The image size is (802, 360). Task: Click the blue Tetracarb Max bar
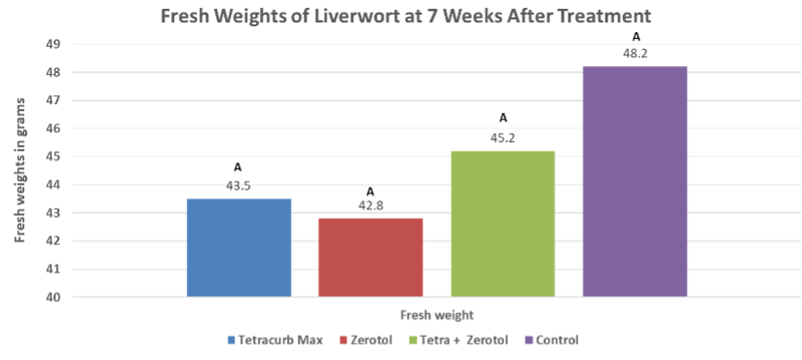[238, 247]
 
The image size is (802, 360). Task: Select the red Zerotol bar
[371, 257]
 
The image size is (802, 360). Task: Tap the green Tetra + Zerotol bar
[502, 224]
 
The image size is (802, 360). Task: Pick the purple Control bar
[634, 181]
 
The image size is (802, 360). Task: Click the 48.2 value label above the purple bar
[635, 54]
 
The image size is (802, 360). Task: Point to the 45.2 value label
[502, 139]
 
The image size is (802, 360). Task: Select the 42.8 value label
[371, 206]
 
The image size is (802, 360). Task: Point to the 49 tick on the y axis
[54, 45]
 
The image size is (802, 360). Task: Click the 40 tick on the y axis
[54, 297]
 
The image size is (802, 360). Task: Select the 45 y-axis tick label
[54, 157]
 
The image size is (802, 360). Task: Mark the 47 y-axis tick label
[54, 100]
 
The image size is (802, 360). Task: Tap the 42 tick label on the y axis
[54, 241]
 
